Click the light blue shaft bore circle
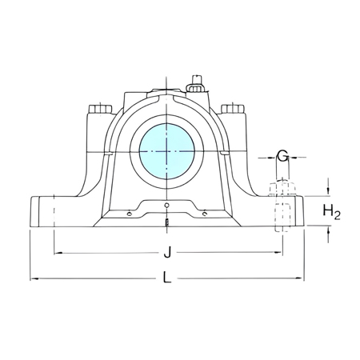tap(167, 150)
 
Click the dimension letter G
tap(282, 155)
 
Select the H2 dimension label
tap(332, 211)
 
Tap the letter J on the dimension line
tap(167, 254)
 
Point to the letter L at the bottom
tap(167, 278)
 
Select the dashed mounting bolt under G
tap(282, 210)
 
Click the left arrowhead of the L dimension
tap(34, 278)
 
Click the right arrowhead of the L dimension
tap(301, 278)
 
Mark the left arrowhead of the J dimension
tap(58, 254)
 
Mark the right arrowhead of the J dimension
tap(279, 254)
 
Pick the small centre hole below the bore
tap(167, 206)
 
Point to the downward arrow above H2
tap(329, 192)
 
